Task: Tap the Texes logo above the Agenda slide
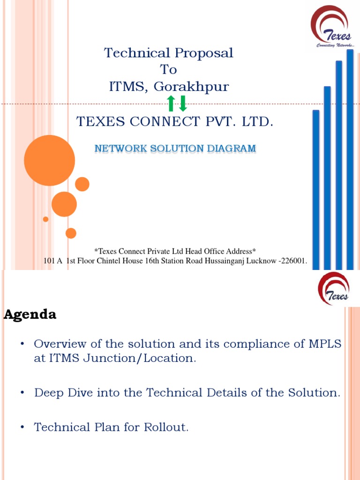click(333, 289)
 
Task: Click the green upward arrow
click(171, 103)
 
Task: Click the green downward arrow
click(183, 103)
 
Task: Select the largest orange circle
click(49, 160)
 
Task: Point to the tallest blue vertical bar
click(350, 159)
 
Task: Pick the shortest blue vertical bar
click(315, 190)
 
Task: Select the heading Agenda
click(30, 315)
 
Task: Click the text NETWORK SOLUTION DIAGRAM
click(175, 149)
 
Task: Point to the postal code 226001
click(294, 261)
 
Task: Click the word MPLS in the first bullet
click(324, 344)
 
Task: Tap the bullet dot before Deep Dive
click(22, 393)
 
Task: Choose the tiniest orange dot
click(45, 219)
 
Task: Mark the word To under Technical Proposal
click(169, 69)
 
